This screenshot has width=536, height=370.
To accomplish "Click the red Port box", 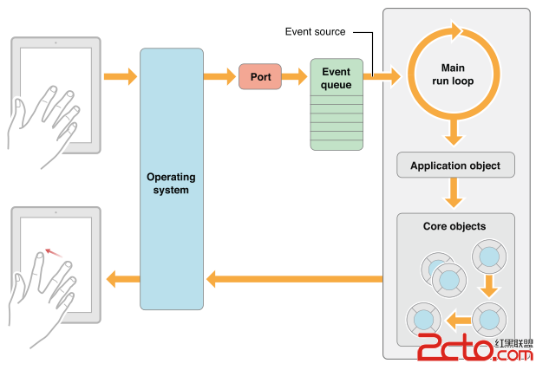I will pyautogui.click(x=260, y=76).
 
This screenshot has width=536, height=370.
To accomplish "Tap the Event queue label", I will pyautogui.click(x=336, y=78).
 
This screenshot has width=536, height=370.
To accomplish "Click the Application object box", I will pyautogui.click(x=454, y=166).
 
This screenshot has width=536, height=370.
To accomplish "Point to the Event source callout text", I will pyautogui.click(x=315, y=32).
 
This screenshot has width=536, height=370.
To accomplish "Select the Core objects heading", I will pyautogui.click(x=454, y=227).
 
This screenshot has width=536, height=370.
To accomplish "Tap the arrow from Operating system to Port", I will pyautogui.click(x=219, y=77).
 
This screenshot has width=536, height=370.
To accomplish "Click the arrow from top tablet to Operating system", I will pyautogui.click(x=121, y=77).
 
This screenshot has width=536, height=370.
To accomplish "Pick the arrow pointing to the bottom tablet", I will pyautogui.click(x=122, y=279).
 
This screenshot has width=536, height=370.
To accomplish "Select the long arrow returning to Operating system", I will pyautogui.click(x=294, y=279).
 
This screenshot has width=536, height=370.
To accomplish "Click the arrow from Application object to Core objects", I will pyautogui.click(x=454, y=192).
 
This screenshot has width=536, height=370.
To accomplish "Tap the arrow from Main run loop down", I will pyautogui.click(x=454, y=133).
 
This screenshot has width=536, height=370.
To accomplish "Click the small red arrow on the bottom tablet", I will pyautogui.click(x=54, y=252).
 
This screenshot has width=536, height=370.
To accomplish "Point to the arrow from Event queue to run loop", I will pyautogui.click(x=382, y=77).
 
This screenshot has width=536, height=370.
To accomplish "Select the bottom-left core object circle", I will pyautogui.click(x=424, y=318).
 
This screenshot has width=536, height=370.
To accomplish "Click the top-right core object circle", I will pyautogui.click(x=488, y=257).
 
